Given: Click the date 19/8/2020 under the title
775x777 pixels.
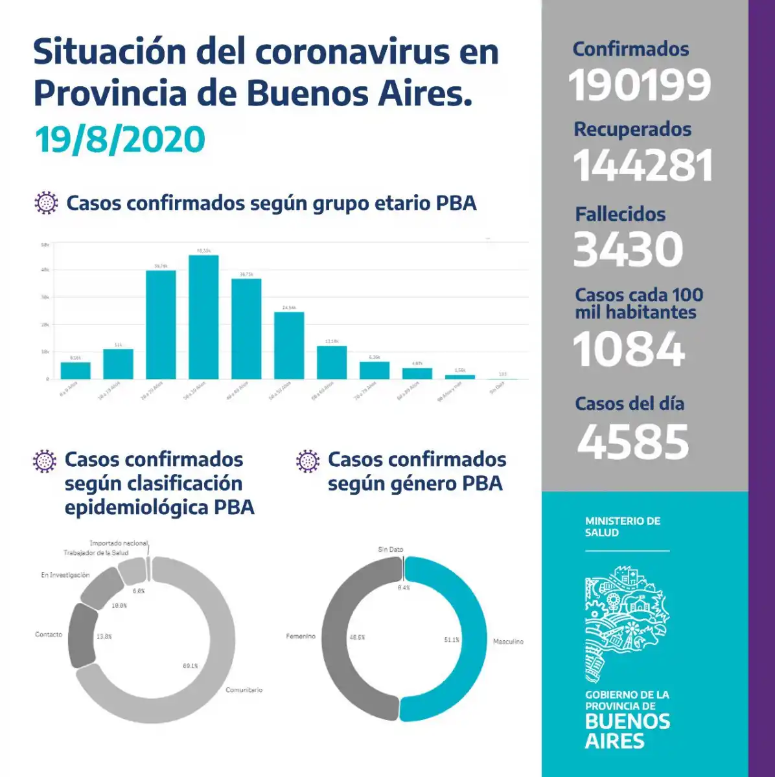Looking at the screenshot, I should point(120,140).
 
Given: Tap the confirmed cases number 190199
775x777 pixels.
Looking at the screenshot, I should point(640,85).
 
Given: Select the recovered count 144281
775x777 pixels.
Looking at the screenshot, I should point(643,165).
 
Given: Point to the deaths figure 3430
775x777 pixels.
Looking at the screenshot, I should point(629,249).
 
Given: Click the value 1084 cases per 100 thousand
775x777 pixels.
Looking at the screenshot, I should point(629,349).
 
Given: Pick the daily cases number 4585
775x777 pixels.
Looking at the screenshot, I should point(633,442).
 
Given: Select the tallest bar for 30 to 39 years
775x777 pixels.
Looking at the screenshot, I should point(203,317).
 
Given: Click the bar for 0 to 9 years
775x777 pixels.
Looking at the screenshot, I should point(75,370).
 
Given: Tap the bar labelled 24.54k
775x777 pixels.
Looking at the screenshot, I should point(289,345).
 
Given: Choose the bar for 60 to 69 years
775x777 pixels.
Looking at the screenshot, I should point(332,363).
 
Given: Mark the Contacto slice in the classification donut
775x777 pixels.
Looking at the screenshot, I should point(82,635).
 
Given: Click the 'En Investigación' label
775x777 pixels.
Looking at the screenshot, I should point(65,575).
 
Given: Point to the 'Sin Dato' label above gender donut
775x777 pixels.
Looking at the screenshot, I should point(391,550).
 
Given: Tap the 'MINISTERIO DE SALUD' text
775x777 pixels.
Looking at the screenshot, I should point(622,526).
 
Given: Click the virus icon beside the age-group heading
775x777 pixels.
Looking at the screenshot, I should point(45,203).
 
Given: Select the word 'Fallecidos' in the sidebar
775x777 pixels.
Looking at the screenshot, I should point(620,214).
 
